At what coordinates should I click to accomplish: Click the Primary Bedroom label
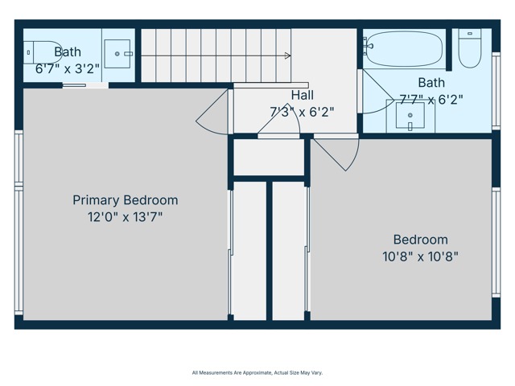pos(126,200)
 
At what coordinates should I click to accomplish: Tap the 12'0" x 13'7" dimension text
pos(126,217)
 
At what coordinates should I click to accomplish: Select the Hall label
pos(303,95)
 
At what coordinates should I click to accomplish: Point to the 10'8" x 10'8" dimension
pos(420,257)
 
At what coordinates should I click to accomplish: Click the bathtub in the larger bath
pos(404,48)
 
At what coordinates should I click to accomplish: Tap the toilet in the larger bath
pos(470,48)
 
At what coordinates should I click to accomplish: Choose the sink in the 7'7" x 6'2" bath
pos(410,116)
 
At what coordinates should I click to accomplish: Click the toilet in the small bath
pos(43,52)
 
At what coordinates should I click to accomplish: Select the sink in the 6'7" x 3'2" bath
pos(117,54)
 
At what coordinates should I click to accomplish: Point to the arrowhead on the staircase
pos(288,55)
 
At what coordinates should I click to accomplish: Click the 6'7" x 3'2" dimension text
pos(68,69)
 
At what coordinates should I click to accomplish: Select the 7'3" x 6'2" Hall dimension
pos(303,113)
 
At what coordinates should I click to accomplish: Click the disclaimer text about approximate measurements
pos(257,373)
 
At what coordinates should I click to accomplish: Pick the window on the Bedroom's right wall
pos(496,242)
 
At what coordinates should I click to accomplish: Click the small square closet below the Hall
pos(268,158)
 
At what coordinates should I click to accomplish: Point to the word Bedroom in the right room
pos(420,240)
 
